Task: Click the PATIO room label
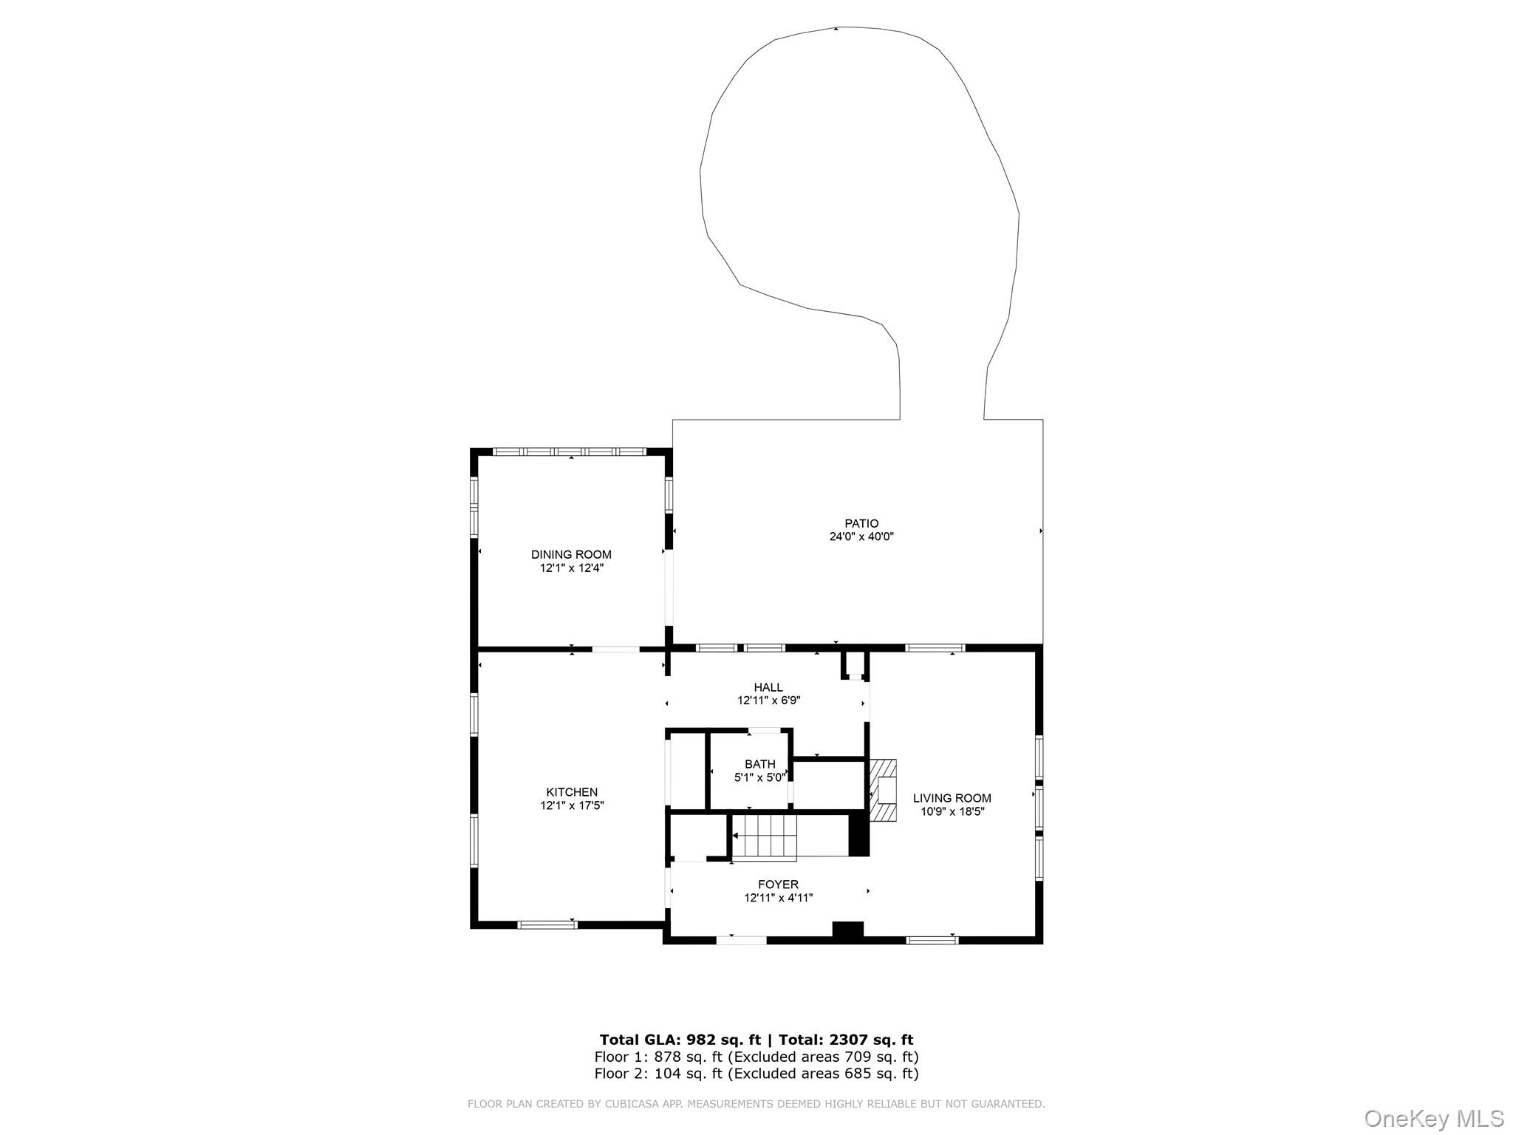(861, 524)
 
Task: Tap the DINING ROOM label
(571, 555)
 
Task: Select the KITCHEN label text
(572, 793)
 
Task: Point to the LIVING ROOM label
(952, 798)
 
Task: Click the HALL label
(768, 687)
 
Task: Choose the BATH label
(760, 764)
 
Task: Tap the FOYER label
(778, 885)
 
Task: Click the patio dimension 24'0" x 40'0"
(861, 537)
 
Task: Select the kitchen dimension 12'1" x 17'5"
(572, 806)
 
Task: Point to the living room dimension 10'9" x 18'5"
(952, 811)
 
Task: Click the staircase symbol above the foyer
(765, 837)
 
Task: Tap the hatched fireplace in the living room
(883, 790)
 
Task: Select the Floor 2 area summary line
(756, 1074)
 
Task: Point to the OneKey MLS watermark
(1434, 1119)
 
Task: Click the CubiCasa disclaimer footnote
(756, 1104)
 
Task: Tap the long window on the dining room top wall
(570, 451)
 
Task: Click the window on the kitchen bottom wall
(547, 924)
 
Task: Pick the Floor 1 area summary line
(756, 1057)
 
